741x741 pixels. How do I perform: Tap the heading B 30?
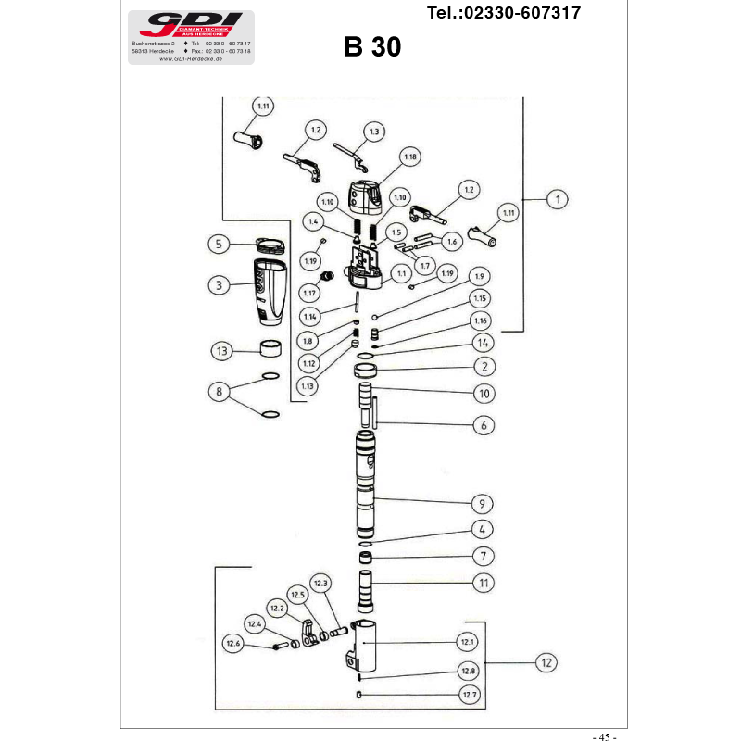point(372,47)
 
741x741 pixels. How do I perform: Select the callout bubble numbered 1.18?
point(409,157)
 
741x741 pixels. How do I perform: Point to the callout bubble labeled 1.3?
point(373,132)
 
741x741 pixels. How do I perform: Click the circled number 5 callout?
point(219,245)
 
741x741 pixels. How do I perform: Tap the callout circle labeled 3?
point(218,285)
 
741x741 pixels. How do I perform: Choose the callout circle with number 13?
point(220,352)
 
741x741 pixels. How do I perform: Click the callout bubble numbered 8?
point(220,393)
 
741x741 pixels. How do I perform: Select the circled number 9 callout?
point(482,504)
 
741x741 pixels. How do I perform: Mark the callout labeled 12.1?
point(468,641)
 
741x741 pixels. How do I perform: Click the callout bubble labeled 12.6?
point(232,644)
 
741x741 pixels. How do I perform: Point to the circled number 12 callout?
point(547,662)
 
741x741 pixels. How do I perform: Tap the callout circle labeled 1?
point(557,198)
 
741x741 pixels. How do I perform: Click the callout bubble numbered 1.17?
point(308,294)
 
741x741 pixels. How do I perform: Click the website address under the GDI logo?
point(192,57)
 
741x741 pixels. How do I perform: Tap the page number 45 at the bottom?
point(604,736)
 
